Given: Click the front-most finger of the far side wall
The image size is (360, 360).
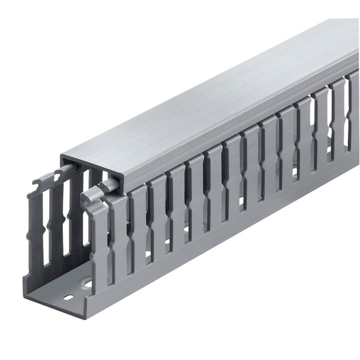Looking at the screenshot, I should coord(36,227).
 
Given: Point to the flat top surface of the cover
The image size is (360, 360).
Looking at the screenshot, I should coord(209,96).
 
